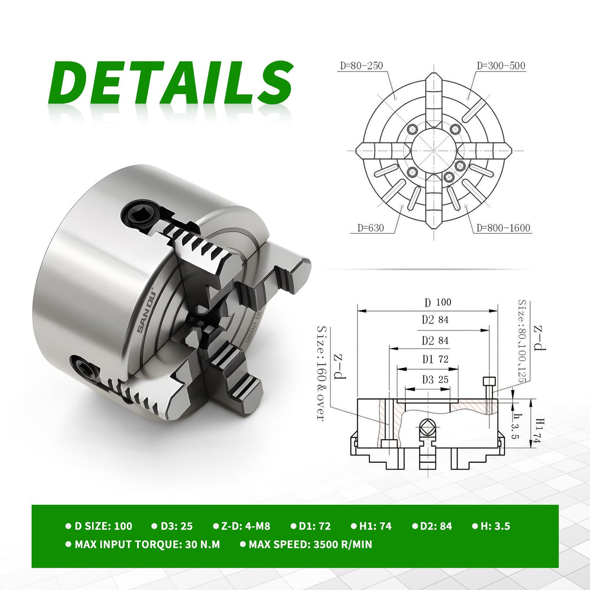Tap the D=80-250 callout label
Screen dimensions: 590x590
click(361, 66)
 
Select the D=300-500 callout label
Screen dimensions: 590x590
click(501, 66)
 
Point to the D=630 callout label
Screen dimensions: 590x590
click(370, 228)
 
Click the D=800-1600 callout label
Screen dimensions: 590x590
click(503, 228)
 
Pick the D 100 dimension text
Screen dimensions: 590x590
click(437, 302)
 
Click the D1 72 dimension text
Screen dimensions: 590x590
click(435, 359)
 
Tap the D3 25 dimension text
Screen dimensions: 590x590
click(435, 380)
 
